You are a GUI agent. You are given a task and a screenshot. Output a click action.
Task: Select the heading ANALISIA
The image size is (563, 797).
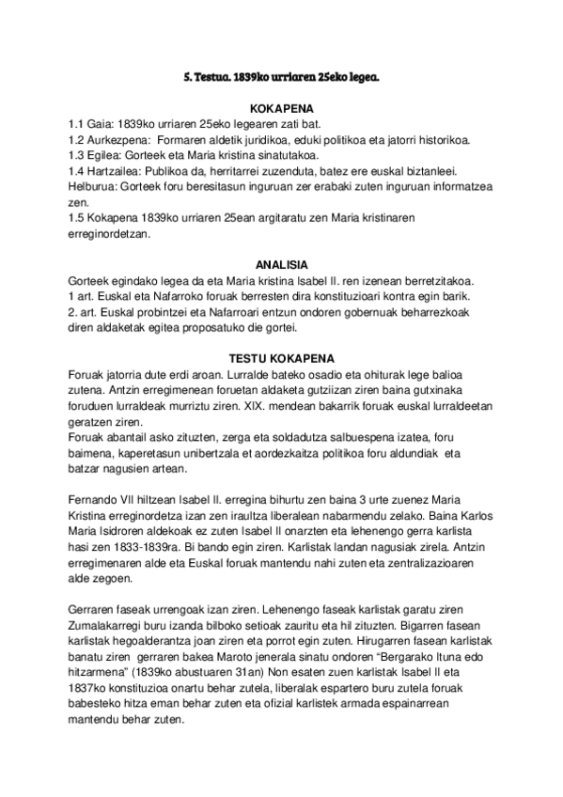click(x=282, y=265)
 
